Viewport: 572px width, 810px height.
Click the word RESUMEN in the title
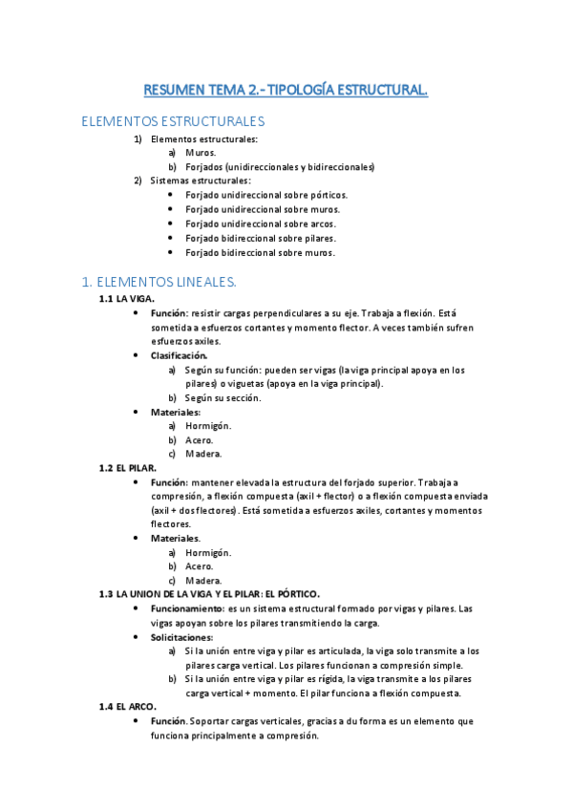(x=174, y=91)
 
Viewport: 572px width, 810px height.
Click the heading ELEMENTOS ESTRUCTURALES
(x=173, y=121)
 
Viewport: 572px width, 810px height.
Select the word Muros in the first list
(x=201, y=153)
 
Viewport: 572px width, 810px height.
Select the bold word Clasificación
(x=179, y=355)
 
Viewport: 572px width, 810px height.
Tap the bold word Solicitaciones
(x=181, y=636)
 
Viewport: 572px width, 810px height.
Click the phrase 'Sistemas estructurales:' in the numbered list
(x=201, y=181)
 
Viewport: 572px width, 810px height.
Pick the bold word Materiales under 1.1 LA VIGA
(x=175, y=412)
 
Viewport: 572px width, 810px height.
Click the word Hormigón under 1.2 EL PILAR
(x=208, y=552)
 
